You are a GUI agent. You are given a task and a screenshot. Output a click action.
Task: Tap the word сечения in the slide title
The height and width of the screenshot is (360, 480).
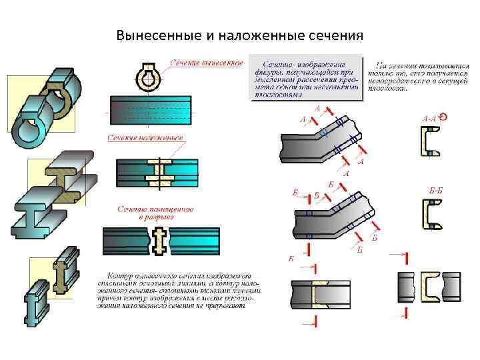tap(335, 35)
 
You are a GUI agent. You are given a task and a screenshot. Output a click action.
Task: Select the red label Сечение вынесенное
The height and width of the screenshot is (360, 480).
tap(206, 63)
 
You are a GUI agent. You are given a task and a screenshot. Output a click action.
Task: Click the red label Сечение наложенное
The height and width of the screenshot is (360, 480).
tap(145, 138)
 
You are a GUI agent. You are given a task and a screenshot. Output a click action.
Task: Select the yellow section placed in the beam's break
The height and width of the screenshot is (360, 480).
tap(159, 241)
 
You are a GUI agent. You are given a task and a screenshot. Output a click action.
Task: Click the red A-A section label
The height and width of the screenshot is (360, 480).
tap(429, 118)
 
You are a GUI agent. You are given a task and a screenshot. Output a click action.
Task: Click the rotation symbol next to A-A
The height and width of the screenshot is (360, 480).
tap(444, 117)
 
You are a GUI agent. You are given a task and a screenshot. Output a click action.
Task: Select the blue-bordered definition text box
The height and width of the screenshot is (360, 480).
tap(307, 79)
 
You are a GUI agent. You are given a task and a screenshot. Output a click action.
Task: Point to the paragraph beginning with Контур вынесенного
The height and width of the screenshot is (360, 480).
tap(179, 291)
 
